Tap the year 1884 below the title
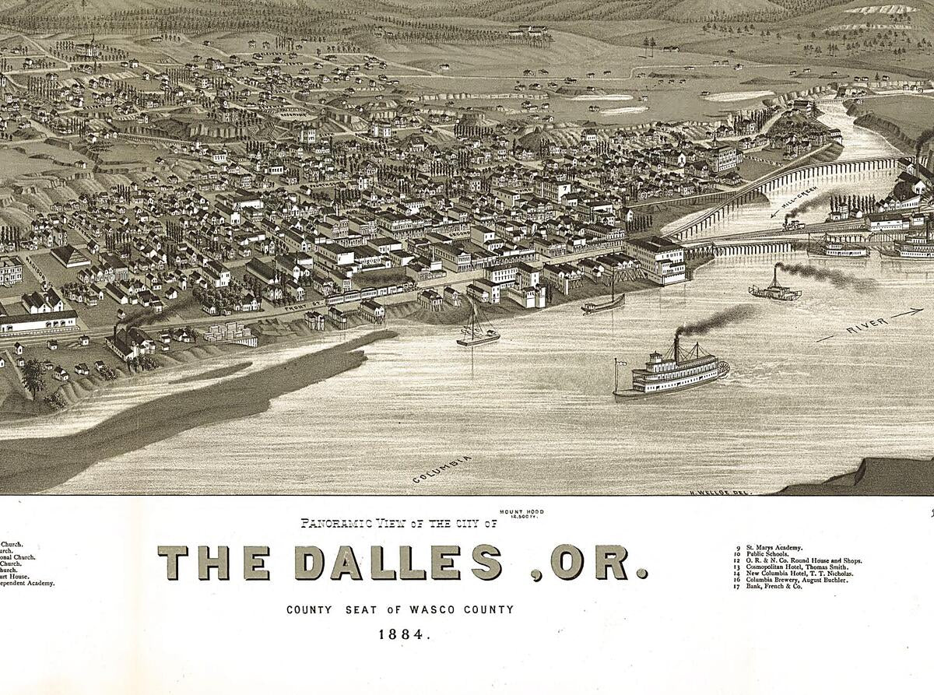click(404, 634)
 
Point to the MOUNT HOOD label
click(522, 513)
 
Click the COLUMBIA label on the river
click(442, 469)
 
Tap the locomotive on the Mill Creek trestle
click(794, 225)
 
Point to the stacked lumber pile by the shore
click(230, 333)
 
